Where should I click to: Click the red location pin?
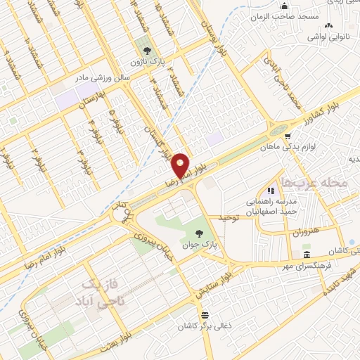[x=181, y=165]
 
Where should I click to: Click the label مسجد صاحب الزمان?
[x=286, y=15]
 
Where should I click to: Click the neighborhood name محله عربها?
[x=314, y=182]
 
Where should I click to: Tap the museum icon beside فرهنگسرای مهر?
[x=307, y=254]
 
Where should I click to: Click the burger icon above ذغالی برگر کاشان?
[x=205, y=315]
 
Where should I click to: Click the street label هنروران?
[x=304, y=231]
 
